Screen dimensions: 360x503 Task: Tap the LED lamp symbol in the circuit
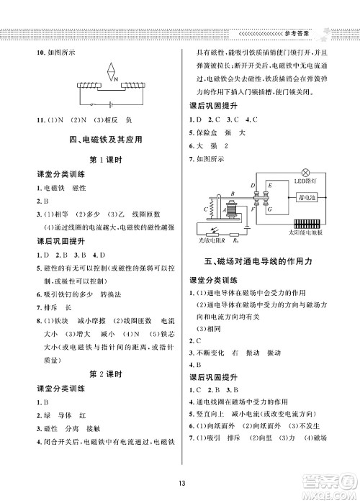tap(305, 173)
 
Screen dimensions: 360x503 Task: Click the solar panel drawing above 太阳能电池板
tap(314, 222)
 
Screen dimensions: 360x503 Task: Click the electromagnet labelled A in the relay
tap(232, 214)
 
